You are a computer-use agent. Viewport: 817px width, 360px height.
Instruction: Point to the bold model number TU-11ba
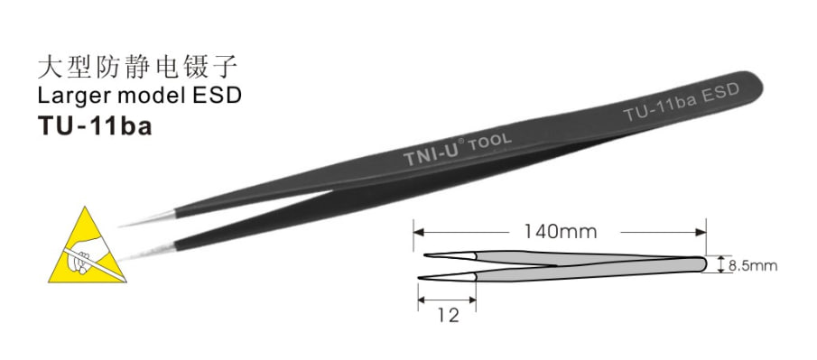(x=95, y=126)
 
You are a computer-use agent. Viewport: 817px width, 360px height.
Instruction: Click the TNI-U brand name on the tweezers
(x=430, y=155)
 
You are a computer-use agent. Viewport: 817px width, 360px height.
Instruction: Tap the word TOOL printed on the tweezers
(x=490, y=143)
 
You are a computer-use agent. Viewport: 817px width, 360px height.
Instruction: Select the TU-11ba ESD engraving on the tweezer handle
(x=681, y=102)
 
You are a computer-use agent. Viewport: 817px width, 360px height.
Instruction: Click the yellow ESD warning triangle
(x=87, y=248)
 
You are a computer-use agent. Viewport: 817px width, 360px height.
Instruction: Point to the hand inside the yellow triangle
(x=86, y=254)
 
